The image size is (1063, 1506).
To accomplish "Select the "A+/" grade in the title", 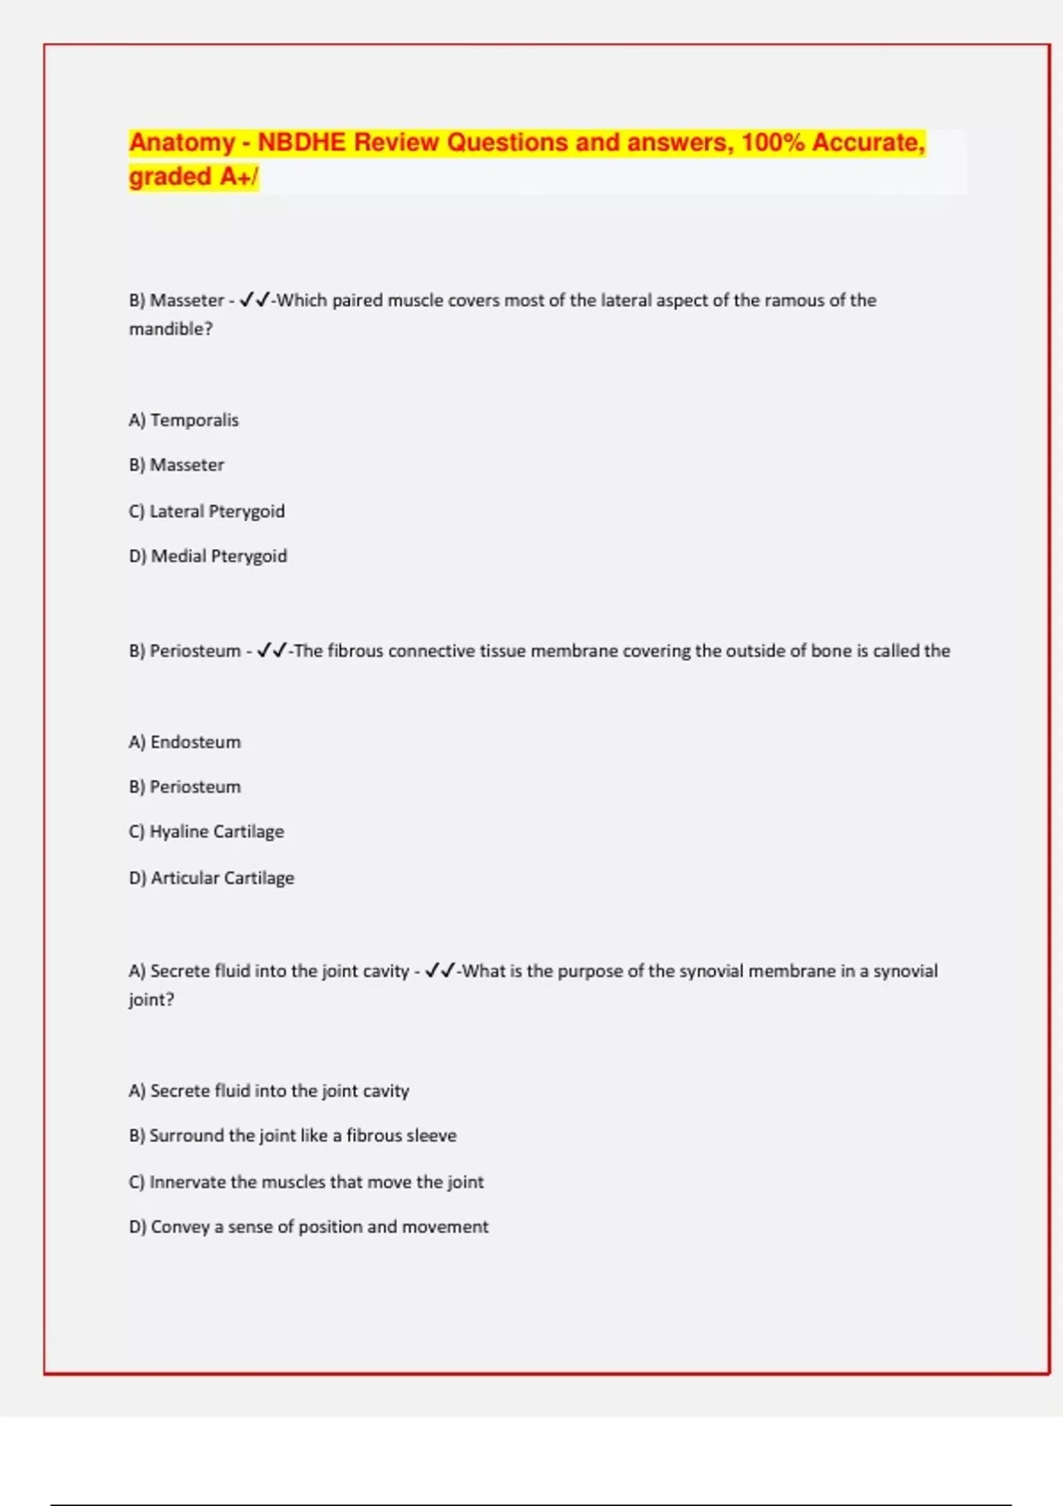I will click(238, 177).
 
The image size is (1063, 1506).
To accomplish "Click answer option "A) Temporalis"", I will click(183, 420).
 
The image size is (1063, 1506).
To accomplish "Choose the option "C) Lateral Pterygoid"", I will click(206, 511).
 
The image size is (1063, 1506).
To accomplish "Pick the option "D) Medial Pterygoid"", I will click(208, 556).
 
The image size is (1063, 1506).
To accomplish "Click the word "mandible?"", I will click(171, 329).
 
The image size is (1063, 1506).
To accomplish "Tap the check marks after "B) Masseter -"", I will click(254, 300).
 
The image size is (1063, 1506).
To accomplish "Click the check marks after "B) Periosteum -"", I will click(271, 651).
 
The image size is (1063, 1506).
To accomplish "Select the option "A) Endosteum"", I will click(184, 742).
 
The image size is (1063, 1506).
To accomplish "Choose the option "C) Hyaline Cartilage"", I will click(206, 832).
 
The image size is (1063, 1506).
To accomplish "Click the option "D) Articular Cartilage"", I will click(212, 878).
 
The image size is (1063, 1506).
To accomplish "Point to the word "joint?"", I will click(151, 999).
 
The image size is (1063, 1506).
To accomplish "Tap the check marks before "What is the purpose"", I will click(440, 971).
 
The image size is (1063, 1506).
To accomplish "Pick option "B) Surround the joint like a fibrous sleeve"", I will click(292, 1136).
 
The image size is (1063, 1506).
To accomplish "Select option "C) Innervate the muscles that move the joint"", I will click(306, 1182).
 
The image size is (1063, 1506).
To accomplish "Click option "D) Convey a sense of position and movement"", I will click(308, 1227).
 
